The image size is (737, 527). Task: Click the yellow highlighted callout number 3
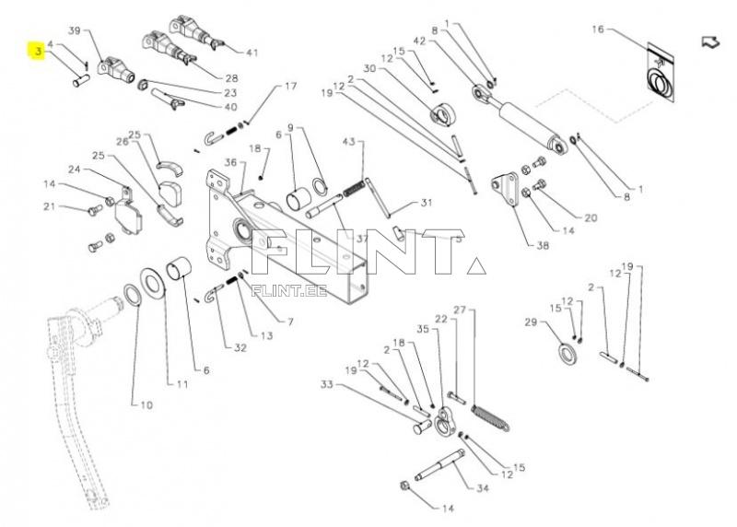(37, 53)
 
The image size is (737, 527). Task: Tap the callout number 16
(597, 30)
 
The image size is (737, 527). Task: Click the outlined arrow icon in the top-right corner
(710, 41)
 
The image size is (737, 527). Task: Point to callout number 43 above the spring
(348, 143)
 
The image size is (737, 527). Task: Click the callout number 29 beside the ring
(530, 322)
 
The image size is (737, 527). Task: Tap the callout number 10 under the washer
(146, 404)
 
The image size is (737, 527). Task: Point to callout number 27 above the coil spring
(460, 310)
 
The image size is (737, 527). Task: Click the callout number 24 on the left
(73, 169)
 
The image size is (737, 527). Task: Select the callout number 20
(591, 218)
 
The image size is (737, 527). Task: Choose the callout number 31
(427, 203)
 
